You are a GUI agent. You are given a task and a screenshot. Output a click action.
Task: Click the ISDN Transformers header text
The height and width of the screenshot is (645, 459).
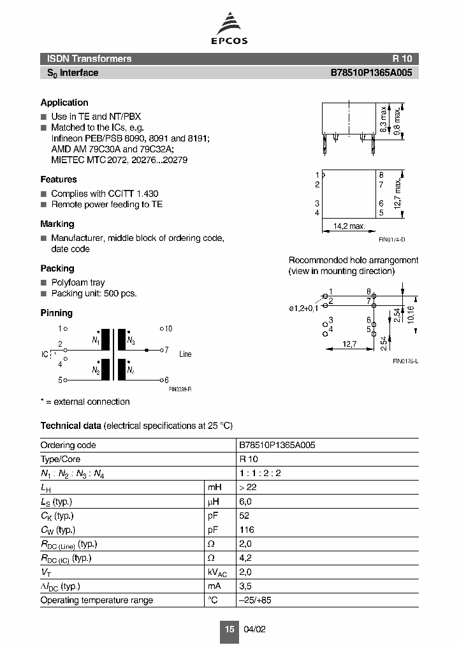click(89, 59)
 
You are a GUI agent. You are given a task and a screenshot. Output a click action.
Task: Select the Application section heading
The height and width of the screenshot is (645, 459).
click(64, 103)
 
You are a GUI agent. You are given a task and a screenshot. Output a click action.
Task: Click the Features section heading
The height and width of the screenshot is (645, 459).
click(59, 180)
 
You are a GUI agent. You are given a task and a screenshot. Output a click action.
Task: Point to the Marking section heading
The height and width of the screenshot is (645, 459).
click(57, 224)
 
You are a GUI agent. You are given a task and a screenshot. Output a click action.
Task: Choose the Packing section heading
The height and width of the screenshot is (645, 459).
click(57, 269)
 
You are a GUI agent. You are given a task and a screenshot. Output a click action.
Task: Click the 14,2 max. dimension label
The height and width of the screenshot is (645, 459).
click(349, 226)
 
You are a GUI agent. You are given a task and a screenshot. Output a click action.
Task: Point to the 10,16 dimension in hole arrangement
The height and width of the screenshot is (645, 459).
click(412, 314)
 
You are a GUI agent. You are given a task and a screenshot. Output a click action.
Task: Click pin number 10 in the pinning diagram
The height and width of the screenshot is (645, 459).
click(168, 329)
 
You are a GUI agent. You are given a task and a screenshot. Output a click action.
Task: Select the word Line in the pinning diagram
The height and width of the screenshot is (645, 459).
click(185, 354)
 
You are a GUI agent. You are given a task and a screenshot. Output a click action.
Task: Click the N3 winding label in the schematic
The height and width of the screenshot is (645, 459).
click(131, 341)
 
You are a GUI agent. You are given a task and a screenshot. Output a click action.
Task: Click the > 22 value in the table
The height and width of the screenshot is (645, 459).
click(248, 487)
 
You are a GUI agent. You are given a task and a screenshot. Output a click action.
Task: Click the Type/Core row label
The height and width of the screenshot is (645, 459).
click(61, 459)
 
